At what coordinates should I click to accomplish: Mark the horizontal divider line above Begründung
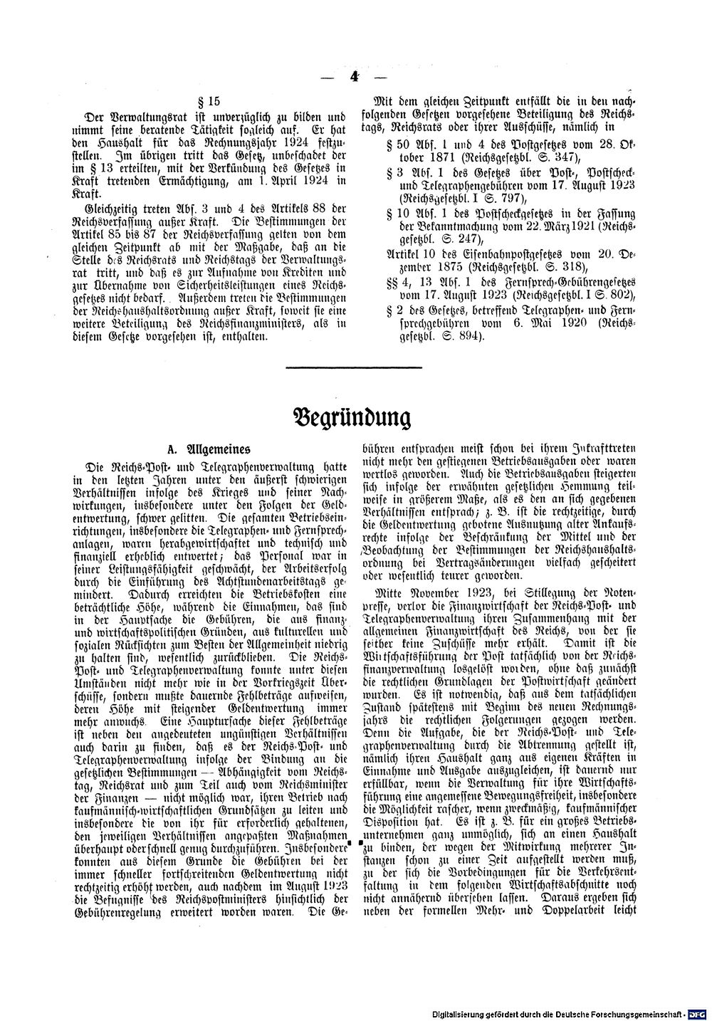click(354, 367)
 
